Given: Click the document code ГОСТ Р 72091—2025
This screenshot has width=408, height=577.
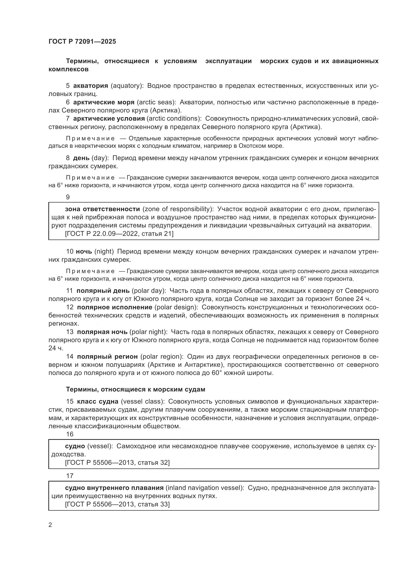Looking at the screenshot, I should (x=82, y=41).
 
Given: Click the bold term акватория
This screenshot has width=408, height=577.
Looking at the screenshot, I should (x=91, y=86).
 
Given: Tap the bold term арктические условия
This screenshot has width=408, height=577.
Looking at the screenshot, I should (x=109, y=119).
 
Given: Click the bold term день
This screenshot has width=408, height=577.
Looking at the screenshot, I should (x=81, y=158).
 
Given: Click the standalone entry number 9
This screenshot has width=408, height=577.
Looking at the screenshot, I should (x=68, y=197).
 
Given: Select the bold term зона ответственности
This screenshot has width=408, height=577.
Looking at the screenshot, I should (x=102, y=209).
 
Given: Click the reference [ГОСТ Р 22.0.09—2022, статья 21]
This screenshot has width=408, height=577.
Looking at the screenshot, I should (x=119, y=234).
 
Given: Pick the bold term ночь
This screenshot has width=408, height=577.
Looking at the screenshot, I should (x=84, y=252).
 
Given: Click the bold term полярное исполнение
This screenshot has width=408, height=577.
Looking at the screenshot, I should (x=114, y=307).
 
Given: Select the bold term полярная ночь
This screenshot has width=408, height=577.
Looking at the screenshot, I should (x=102, y=332).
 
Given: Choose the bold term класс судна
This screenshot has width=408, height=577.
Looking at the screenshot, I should (x=98, y=402).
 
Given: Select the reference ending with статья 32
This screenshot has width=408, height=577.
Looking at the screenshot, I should (x=117, y=463).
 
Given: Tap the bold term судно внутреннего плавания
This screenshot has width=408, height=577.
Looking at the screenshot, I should (x=114, y=488).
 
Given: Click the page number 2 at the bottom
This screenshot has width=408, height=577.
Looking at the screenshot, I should (x=50, y=525).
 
